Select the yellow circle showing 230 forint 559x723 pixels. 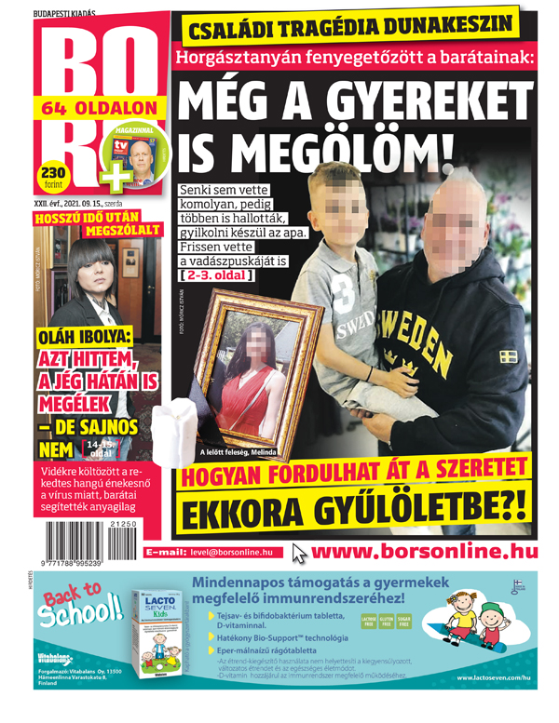pos(53,176)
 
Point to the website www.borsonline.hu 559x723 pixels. pos(425,552)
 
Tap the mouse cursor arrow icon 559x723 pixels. pos(299,553)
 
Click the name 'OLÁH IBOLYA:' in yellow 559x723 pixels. pos(84,338)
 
